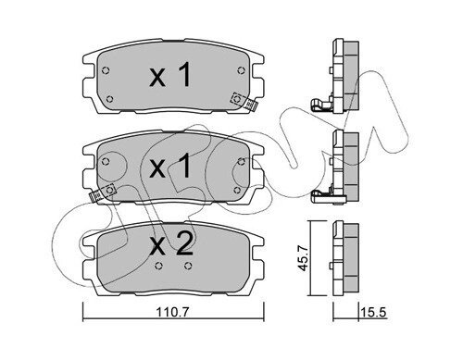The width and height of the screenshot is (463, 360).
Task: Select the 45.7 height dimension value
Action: click(304, 258)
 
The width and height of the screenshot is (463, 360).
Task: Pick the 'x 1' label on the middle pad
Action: click(170, 167)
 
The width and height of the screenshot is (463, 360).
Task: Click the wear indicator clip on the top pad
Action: click(244, 101)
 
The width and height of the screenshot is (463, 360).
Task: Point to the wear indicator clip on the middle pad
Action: click(102, 192)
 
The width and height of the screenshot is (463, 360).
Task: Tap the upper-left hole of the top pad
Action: click(106, 70)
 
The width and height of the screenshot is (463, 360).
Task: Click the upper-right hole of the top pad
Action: click(242, 70)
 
